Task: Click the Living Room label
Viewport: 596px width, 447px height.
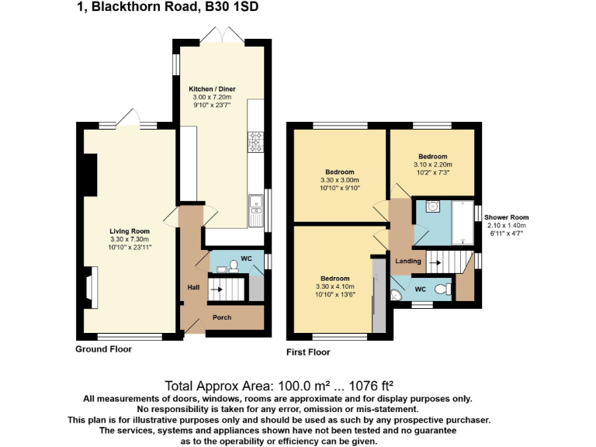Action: [x=130, y=230]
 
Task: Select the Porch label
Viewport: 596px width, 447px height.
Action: [x=222, y=317]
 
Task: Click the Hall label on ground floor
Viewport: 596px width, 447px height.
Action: [x=193, y=288]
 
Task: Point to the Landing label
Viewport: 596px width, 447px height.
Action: [x=408, y=261]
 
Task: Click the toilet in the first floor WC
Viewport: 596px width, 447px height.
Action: [x=442, y=289]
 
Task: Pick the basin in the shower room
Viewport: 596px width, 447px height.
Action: [x=431, y=206]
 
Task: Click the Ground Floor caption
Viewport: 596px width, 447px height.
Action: [x=103, y=349]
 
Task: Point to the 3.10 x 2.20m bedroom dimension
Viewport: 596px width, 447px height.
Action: [x=432, y=165]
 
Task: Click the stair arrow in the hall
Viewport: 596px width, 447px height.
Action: [x=218, y=290]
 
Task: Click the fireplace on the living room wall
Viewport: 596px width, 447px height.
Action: [x=89, y=288]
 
